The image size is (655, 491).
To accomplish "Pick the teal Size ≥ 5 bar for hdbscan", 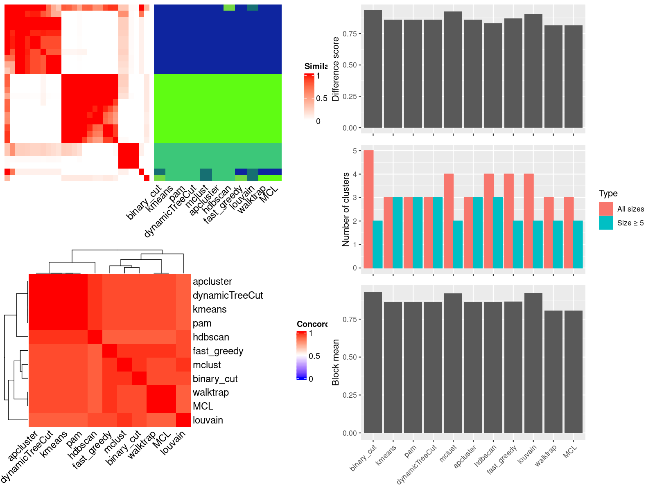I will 498,233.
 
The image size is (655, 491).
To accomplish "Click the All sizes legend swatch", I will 606,209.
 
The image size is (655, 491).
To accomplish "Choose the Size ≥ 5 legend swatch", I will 606,223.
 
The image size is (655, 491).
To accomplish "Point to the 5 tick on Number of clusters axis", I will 355,151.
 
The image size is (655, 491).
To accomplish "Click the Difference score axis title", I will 336,69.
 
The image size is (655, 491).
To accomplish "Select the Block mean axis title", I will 336,362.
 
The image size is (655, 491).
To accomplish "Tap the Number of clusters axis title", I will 346,209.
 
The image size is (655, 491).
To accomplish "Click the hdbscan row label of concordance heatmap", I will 211,337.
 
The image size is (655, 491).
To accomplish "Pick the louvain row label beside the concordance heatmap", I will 208,420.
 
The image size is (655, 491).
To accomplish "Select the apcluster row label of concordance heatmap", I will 212,282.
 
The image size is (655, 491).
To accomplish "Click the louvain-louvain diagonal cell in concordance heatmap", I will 183,420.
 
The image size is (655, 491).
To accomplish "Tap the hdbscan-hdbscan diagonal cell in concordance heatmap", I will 95,337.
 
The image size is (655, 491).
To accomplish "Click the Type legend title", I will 608,194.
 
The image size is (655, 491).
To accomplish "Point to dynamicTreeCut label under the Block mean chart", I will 418,464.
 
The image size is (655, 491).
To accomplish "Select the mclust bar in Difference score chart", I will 453,70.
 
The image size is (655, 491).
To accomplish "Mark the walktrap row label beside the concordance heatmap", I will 210,392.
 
